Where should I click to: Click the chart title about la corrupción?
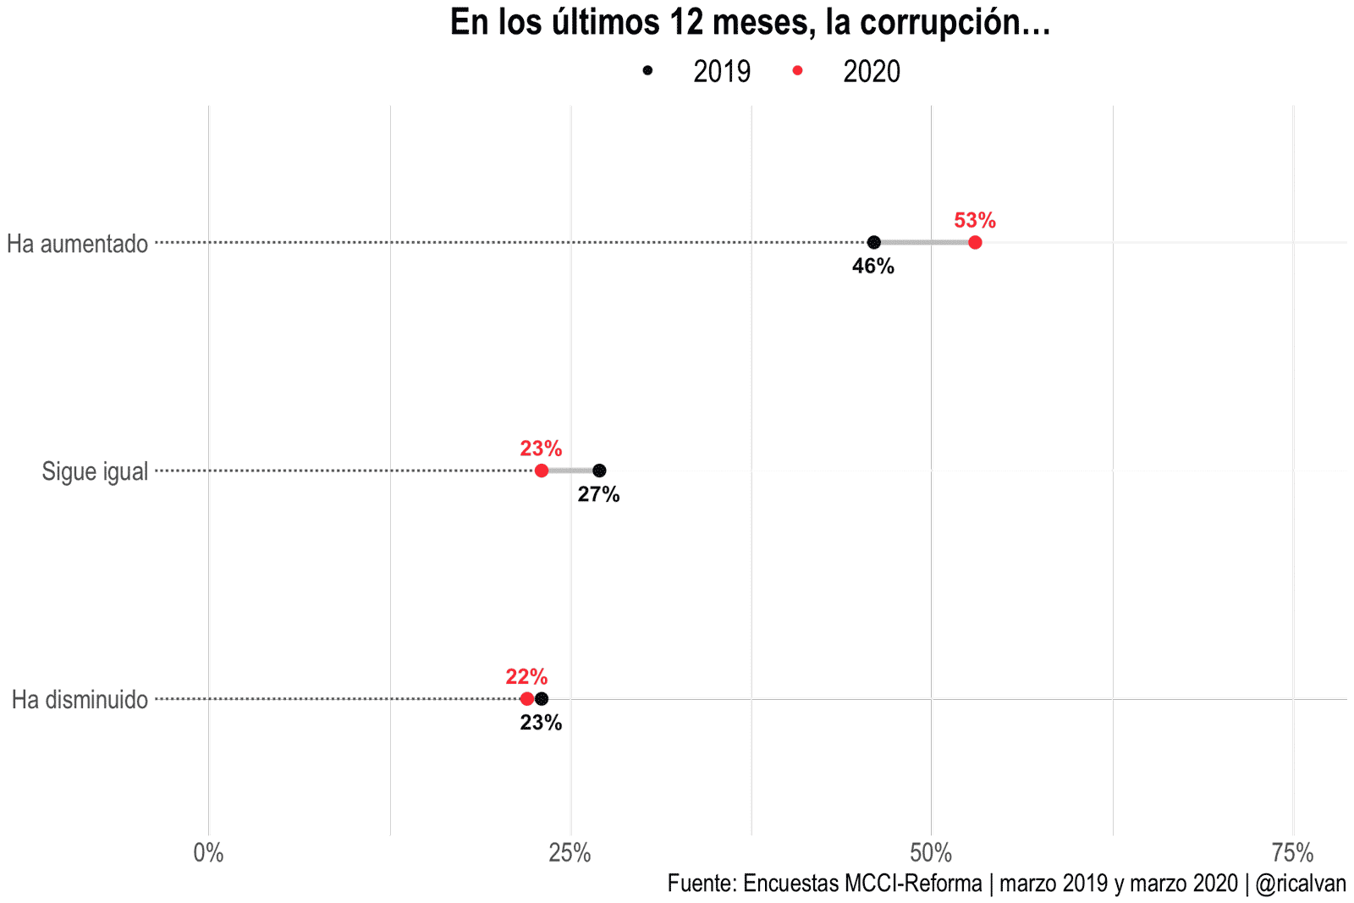tap(750, 23)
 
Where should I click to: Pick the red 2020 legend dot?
tap(797, 71)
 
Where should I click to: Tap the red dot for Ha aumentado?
tap(975, 243)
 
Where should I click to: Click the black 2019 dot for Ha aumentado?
tap(874, 243)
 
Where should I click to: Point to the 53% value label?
tap(975, 221)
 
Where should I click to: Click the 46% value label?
tap(873, 267)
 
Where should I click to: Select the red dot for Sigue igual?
tap(542, 471)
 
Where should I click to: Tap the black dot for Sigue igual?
tap(599, 471)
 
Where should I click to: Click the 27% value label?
tap(599, 495)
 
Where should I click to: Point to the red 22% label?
tap(526, 677)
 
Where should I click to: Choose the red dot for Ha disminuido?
tap(527, 699)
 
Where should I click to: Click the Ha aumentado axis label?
tap(78, 244)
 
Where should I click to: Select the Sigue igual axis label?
tap(95, 471)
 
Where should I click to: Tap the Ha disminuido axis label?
tap(80, 700)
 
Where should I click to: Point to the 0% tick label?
tap(208, 853)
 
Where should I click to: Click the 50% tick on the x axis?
tap(931, 853)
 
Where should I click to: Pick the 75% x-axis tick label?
tap(1293, 853)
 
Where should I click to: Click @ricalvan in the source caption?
tap(1301, 884)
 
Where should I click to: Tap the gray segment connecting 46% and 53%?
tap(924, 243)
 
